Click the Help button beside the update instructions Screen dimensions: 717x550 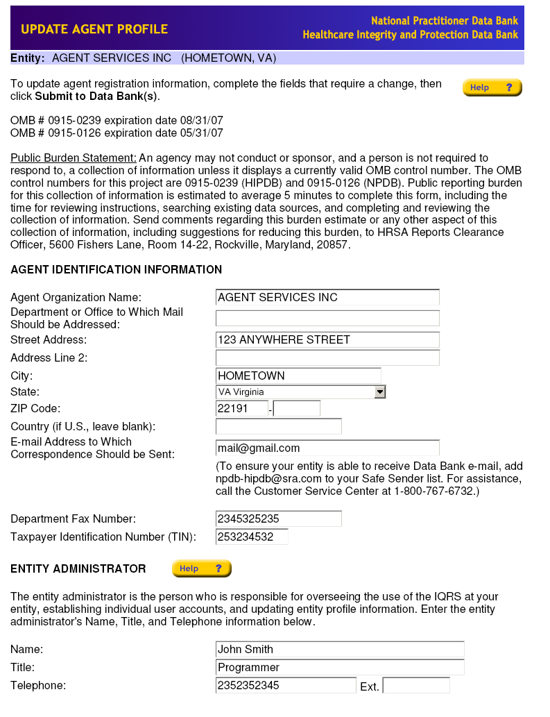492,87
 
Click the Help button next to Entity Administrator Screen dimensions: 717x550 201,568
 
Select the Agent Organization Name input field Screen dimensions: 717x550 327,298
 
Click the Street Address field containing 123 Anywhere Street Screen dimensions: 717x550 327,340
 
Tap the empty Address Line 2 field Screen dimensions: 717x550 327,358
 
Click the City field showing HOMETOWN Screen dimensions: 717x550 298,376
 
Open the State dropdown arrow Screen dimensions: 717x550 379,392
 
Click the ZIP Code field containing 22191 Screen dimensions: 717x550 242,409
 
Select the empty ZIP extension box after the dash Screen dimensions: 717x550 297,409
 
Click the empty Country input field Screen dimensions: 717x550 279,426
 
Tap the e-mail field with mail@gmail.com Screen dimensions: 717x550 327,448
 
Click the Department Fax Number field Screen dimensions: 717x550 279,519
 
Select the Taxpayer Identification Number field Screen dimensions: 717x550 252,537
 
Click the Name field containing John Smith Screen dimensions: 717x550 340,650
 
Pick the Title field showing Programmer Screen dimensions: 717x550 340,668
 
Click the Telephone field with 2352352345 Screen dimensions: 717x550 286,686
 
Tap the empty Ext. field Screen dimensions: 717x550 416,686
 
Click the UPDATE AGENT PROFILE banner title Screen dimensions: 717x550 94,29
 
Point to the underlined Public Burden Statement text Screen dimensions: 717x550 74,158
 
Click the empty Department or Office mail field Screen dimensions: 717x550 327,319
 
